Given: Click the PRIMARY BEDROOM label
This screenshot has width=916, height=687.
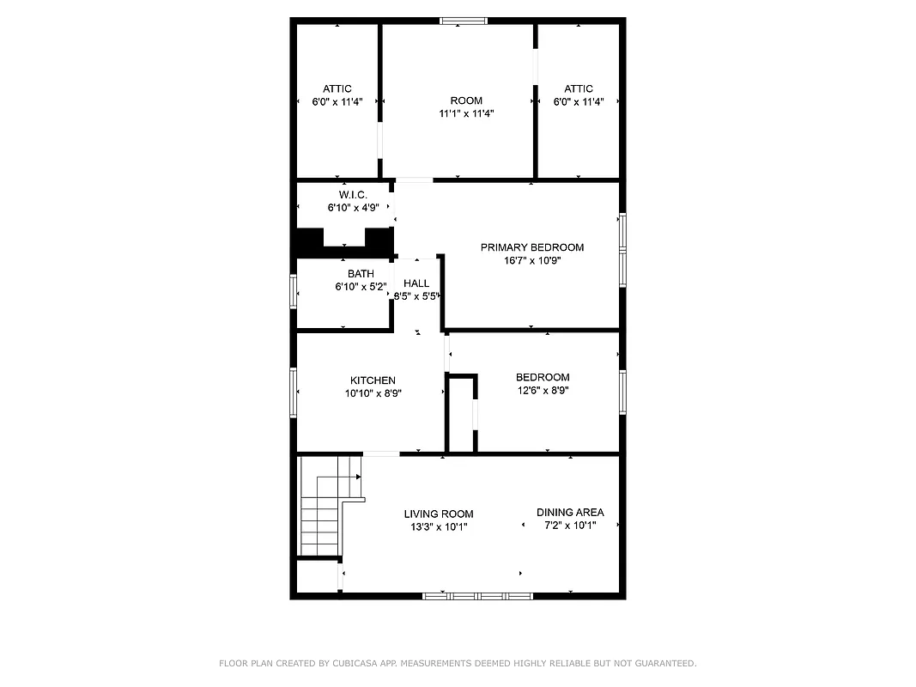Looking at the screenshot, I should click(x=531, y=247).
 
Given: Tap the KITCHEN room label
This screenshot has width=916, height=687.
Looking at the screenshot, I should click(x=373, y=380).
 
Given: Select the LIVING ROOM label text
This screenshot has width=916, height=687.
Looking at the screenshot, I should click(x=439, y=514).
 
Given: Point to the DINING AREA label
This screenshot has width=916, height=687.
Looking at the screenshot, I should click(x=570, y=513).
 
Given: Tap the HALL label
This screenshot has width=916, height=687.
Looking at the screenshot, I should click(x=416, y=283).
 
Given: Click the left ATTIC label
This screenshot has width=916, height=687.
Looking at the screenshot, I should click(x=337, y=89).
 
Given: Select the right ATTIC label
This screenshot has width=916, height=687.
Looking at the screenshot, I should click(x=579, y=89).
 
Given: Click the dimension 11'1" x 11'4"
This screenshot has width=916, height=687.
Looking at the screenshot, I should click(x=466, y=113).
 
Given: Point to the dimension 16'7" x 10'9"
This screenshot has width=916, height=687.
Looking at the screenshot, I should click(x=531, y=260).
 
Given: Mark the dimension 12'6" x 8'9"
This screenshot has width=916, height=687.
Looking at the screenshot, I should click(x=542, y=390).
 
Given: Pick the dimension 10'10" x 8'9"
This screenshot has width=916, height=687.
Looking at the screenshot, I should click(x=373, y=393).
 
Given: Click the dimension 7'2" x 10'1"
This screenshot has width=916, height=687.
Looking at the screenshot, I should click(x=570, y=526).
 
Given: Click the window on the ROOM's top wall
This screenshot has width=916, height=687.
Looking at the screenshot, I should click(x=464, y=21).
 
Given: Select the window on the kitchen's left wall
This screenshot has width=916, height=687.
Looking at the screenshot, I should click(x=294, y=392).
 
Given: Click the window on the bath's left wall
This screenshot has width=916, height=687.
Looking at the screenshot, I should click(x=294, y=292).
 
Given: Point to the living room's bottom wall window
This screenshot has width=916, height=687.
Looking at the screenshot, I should click(x=478, y=595).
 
